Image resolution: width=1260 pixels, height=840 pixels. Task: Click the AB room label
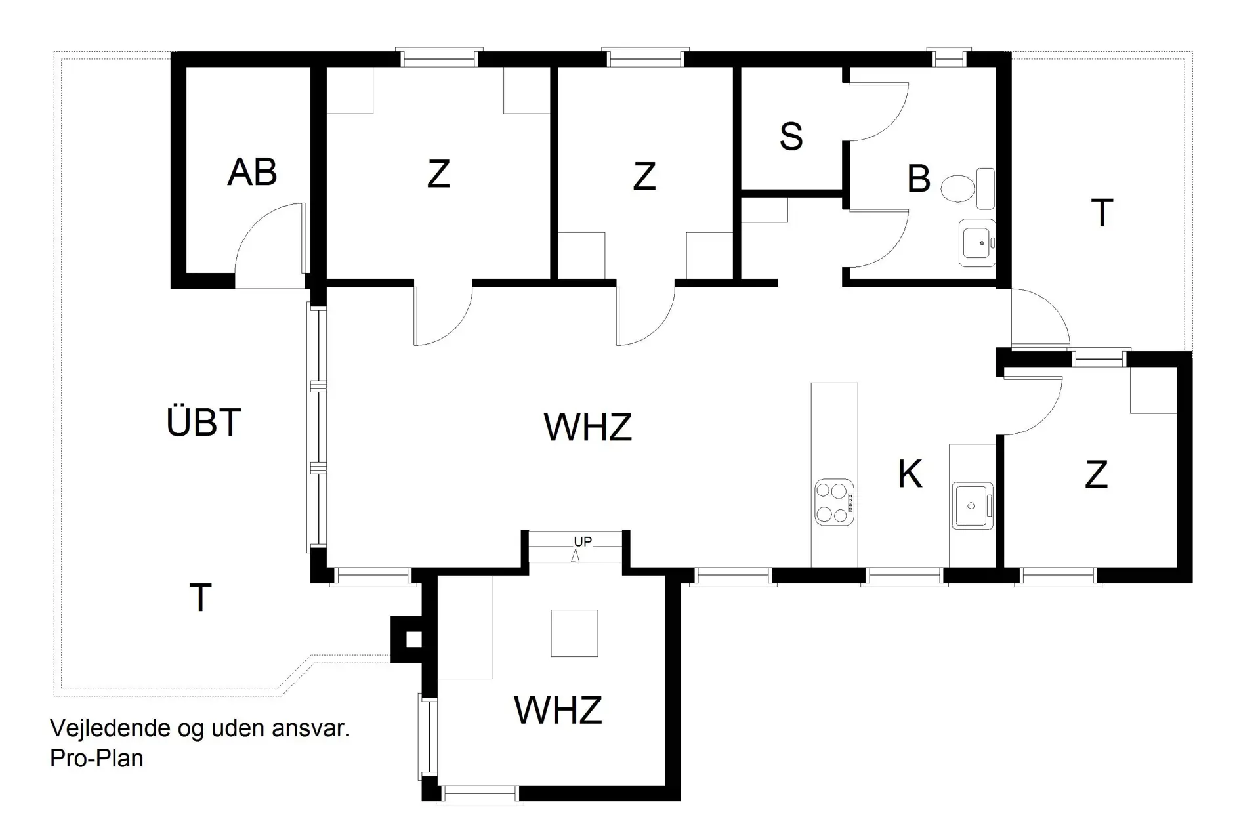(252, 173)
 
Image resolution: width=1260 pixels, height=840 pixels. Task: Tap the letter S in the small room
(791, 136)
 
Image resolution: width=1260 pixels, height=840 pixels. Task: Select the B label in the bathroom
(919, 178)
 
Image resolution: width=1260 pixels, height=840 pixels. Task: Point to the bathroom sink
(977, 243)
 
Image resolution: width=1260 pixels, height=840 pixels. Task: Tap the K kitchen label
(910, 474)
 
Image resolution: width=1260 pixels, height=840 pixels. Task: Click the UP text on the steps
(582, 541)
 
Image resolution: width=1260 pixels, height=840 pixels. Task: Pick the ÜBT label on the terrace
(204, 422)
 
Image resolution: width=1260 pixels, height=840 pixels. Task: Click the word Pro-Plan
(96, 759)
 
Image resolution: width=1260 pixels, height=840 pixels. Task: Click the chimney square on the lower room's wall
(413, 639)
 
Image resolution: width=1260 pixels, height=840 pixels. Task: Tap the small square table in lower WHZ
(574, 633)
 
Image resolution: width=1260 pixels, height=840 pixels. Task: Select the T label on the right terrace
(1102, 213)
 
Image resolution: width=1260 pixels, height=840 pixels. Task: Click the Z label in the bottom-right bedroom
(1096, 474)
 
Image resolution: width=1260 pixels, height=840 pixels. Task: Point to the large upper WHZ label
(587, 427)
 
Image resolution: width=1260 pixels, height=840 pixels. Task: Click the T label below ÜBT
(200, 598)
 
